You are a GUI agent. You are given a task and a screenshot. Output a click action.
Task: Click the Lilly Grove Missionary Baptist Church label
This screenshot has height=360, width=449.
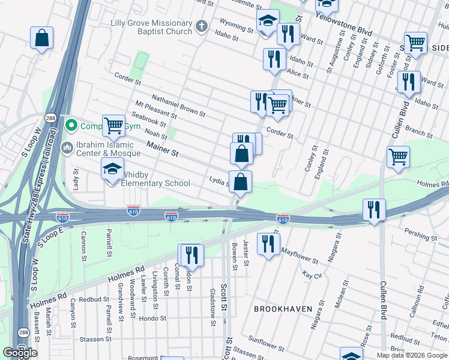pyautogui.click(x=151, y=27)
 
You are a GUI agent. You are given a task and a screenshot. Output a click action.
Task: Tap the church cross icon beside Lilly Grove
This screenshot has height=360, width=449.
pyautogui.click(x=202, y=26)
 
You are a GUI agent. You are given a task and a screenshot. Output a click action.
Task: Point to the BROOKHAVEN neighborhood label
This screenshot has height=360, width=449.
pyautogui.click(x=283, y=309)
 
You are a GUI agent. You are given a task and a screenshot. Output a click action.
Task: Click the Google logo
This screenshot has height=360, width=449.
pyautogui.click(x=20, y=353)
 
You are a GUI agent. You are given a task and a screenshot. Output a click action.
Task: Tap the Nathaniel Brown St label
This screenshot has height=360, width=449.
pyautogui.click(x=178, y=105)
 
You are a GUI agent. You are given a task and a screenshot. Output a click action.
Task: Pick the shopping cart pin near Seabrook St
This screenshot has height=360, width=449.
pyautogui.click(x=113, y=126)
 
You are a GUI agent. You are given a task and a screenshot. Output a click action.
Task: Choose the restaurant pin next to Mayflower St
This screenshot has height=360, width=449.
pyautogui.click(x=268, y=243)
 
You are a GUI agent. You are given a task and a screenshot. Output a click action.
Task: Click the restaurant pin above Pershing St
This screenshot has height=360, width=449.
pyautogui.click(x=374, y=209)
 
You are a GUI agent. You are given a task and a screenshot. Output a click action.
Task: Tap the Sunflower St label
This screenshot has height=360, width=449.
pyautogui.click(x=266, y=343)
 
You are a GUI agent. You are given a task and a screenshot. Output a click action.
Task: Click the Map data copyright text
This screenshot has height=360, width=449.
pyautogui.click(x=412, y=355)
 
